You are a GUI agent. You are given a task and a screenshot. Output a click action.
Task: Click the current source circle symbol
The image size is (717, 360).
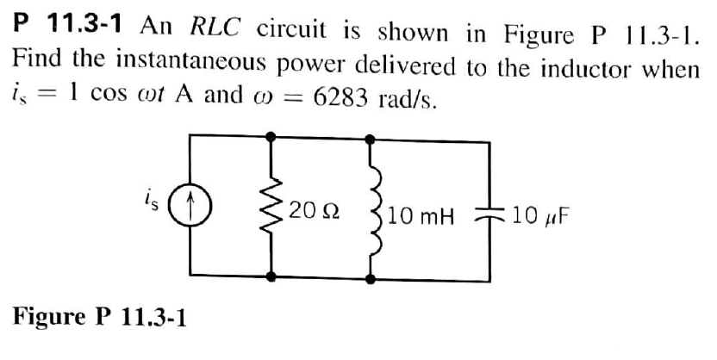tap(190, 208)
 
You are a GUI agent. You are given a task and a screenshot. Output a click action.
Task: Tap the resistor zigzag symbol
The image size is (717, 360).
tap(274, 209)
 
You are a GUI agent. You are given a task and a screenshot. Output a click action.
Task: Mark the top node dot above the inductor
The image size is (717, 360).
tap(372, 136)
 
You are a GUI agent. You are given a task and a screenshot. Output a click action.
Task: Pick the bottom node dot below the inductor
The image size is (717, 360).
tap(372, 278)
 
